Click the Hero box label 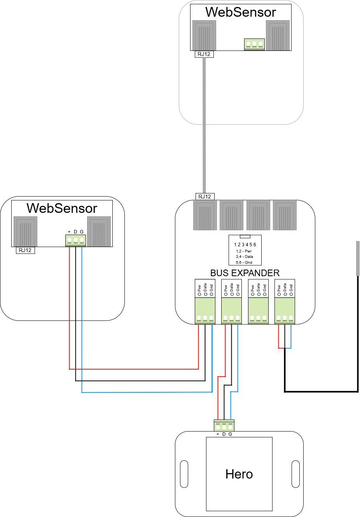pyautogui.click(x=239, y=474)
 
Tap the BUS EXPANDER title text pyautogui.click(x=245, y=273)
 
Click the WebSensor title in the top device pyautogui.click(x=241, y=12)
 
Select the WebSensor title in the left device pyautogui.click(x=62, y=208)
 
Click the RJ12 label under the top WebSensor pyautogui.click(x=204, y=54)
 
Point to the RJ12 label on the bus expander pyautogui.click(x=205, y=197)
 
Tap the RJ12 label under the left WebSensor pyautogui.click(x=25, y=251)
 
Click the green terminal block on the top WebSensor pyautogui.click(x=254, y=44)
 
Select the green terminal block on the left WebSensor pyautogui.click(x=75, y=240)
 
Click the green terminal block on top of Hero pyautogui.click(x=224, y=426)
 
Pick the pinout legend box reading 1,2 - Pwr pyautogui.click(x=245, y=251)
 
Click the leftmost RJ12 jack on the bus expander pyautogui.click(x=205, y=215)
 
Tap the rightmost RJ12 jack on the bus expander pyautogui.click(x=285, y=215)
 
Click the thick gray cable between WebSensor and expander pyautogui.click(x=204, y=124)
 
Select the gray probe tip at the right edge pyautogui.click(x=358, y=258)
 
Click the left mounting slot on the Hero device pyautogui.click(x=184, y=474)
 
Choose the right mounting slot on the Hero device pyautogui.click(x=295, y=474)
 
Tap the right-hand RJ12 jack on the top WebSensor pyautogui.click(x=278, y=35)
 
